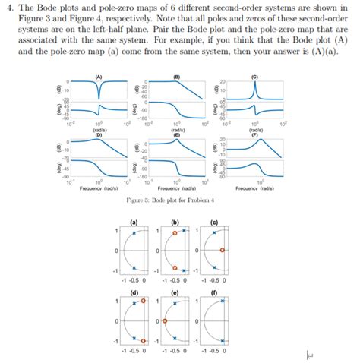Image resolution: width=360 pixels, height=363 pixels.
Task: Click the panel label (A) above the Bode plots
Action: coord(99,76)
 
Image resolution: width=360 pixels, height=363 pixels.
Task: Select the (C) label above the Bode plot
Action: coord(254,76)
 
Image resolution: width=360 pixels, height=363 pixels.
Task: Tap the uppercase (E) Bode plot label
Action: coord(176,133)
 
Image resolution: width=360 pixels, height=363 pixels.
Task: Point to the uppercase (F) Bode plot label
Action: coord(254,133)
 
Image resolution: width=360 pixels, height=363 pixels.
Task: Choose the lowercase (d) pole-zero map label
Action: coord(134,292)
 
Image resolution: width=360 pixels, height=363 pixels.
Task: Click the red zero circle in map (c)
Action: coord(221,249)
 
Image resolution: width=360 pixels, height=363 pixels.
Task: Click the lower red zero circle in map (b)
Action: coord(175,267)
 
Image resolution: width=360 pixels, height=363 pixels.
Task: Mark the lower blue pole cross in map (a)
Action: coord(134,266)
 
